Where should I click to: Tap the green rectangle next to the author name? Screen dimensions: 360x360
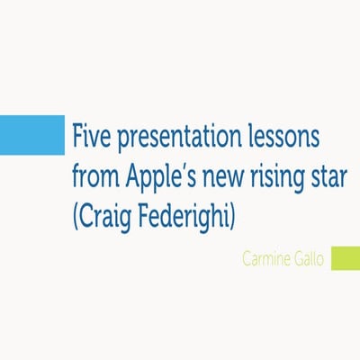coord(345,258)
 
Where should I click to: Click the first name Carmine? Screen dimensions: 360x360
coord(267,259)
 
